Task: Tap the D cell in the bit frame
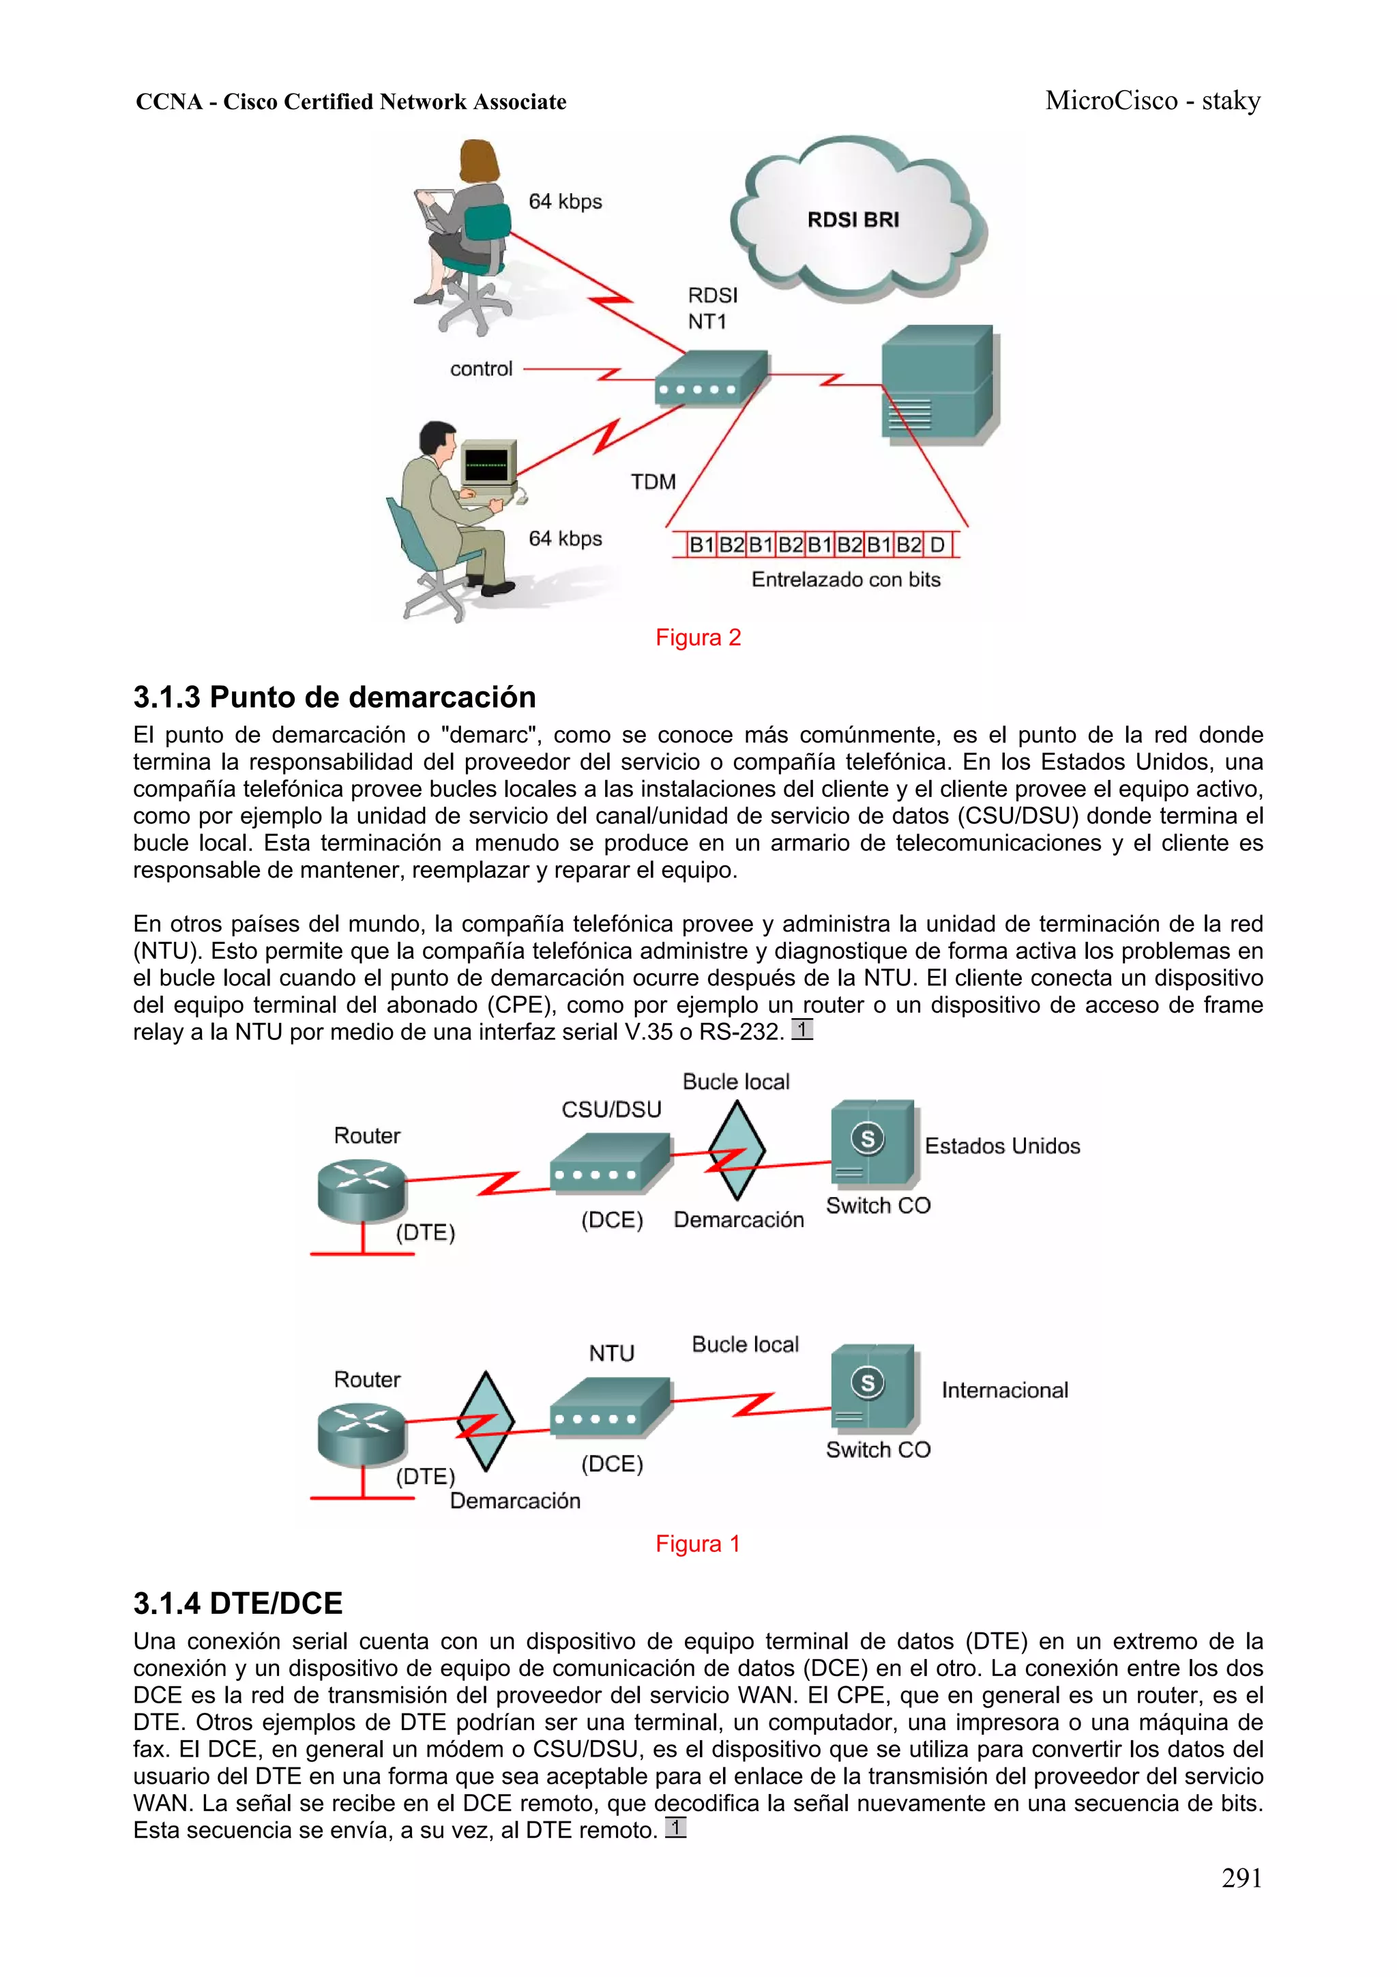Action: click(937, 545)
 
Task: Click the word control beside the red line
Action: click(480, 369)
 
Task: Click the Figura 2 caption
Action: click(697, 637)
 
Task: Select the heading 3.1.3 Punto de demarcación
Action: click(334, 697)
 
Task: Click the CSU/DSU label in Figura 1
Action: click(611, 1109)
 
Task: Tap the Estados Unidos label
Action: click(1002, 1146)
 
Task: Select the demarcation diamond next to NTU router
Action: click(486, 1422)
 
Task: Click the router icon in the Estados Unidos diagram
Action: click(361, 1188)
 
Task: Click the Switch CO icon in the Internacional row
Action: click(873, 1387)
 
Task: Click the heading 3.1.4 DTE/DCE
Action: click(237, 1603)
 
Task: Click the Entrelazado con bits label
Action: click(845, 579)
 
